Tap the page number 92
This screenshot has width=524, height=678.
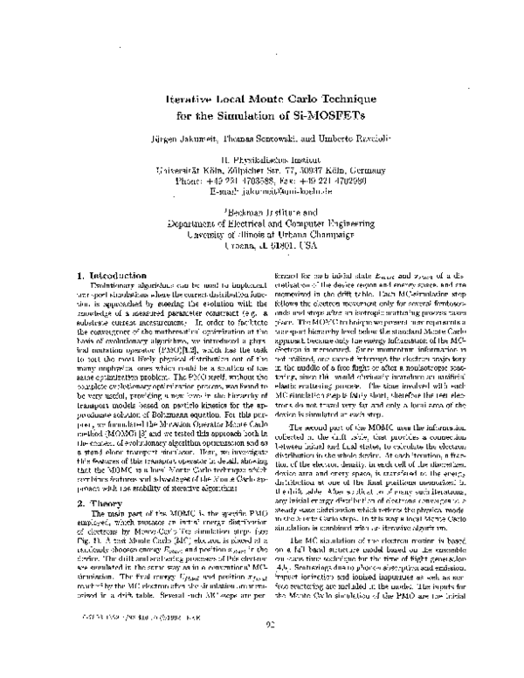(x=261, y=647)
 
